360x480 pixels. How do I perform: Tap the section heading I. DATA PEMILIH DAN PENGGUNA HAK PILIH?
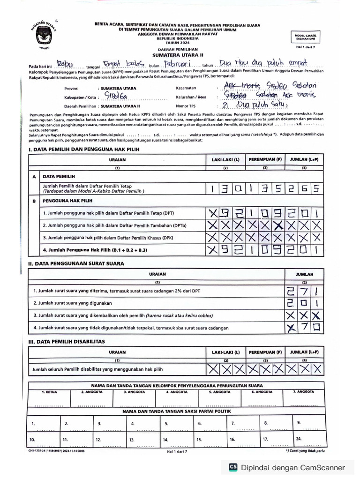tap(84, 149)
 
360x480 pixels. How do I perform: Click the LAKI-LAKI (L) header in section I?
tap(225, 159)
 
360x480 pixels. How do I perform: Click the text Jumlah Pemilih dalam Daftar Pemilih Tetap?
tap(87, 186)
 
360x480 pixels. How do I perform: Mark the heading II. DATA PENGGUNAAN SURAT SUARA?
tap(76, 264)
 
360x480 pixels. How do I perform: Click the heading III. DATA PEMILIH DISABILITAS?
tap(67, 341)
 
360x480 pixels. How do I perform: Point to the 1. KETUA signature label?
tap(49, 391)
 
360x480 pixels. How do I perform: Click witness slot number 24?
tap(299, 439)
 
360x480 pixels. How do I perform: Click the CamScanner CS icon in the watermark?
tap(233, 467)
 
